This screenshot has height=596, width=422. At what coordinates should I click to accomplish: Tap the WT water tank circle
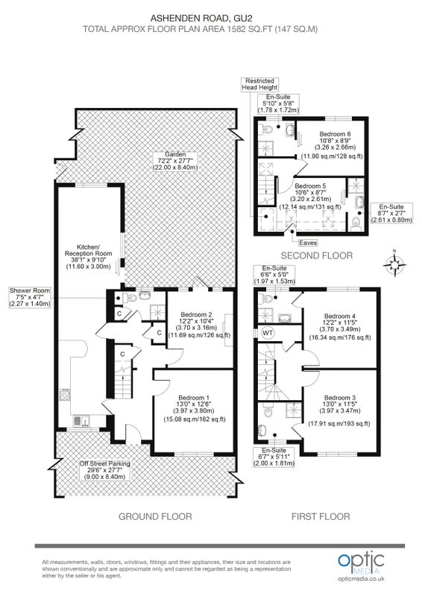pyautogui.click(x=268, y=333)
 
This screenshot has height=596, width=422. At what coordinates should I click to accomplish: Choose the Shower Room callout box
pyautogui.click(x=30, y=297)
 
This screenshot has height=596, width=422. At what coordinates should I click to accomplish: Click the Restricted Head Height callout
pyautogui.click(x=260, y=84)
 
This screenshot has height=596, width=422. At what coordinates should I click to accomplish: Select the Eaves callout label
pyautogui.click(x=308, y=243)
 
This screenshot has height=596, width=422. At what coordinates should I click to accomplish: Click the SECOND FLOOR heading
pyautogui.click(x=317, y=256)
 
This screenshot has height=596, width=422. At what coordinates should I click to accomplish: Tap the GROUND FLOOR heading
pyautogui.click(x=155, y=516)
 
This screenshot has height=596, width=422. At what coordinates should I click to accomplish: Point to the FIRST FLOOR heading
pyautogui.click(x=321, y=516)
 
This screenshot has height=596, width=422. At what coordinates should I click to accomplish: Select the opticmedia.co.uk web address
pyautogui.click(x=361, y=579)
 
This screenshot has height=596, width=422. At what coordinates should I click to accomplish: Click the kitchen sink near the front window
pyautogui.click(x=82, y=421)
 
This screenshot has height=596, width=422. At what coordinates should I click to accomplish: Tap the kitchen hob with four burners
pyautogui.click(x=64, y=395)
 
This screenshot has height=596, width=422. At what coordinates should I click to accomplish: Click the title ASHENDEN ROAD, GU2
pyautogui.click(x=201, y=18)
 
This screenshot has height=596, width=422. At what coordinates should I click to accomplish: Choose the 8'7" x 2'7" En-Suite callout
pyautogui.click(x=391, y=213)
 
